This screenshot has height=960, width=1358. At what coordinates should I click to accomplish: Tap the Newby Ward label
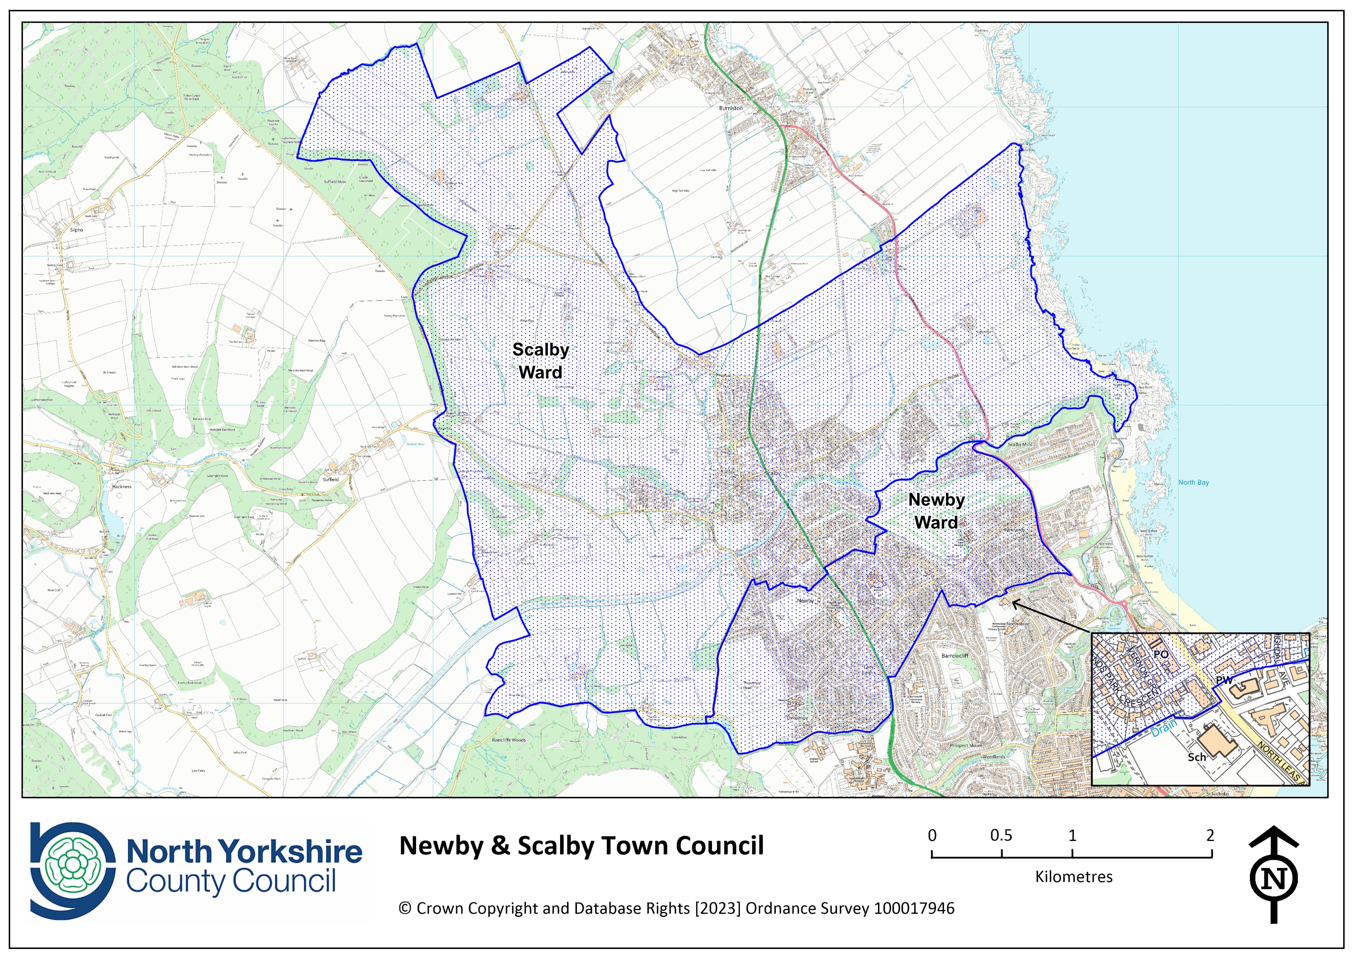click(936, 511)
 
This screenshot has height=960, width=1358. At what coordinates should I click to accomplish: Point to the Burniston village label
click(731, 108)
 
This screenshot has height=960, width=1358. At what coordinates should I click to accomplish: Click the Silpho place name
click(77, 230)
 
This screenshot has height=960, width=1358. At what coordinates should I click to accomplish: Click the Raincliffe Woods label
click(509, 740)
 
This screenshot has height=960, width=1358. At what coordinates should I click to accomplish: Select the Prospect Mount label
click(966, 746)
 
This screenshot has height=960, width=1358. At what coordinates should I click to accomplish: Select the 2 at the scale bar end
click(1210, 836)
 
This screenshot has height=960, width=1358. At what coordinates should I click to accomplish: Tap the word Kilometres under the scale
click(1073, 877)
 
